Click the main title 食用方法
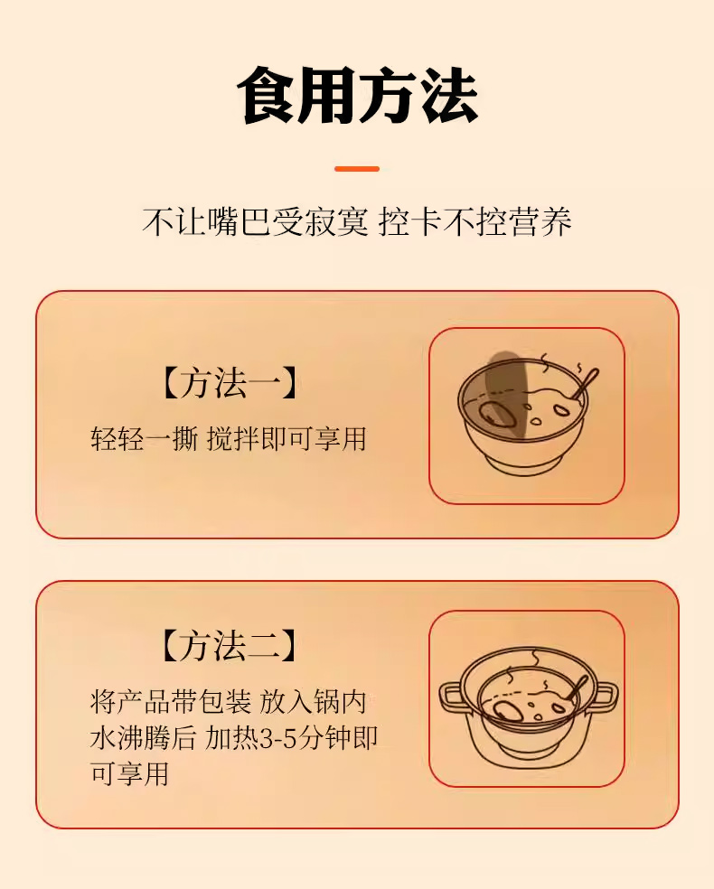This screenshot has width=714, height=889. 357,95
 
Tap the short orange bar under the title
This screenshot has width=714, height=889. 357,169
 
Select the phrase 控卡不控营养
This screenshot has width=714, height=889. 474,221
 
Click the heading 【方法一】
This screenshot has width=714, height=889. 230,383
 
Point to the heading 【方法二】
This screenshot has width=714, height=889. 230,645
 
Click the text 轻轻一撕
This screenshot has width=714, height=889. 144,439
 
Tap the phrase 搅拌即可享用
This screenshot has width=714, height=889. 287,439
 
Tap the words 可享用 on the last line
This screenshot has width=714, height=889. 130,773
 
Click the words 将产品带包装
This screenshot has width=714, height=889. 171,702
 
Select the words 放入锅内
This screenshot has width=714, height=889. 313,702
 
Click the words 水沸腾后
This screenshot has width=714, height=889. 143,738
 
